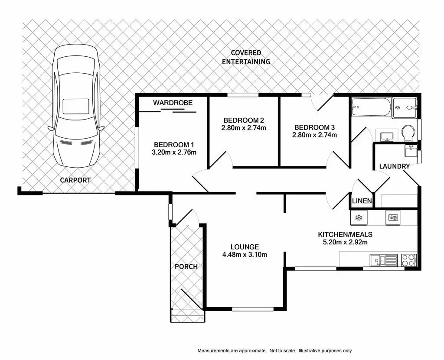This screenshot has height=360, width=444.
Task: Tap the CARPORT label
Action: pyautogui.click(x=75, y=180)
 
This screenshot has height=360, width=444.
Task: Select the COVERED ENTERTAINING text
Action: pyautogui.click(x=246, y=57)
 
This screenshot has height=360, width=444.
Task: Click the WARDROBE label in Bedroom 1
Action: pyautogui.click(x=173, y=103)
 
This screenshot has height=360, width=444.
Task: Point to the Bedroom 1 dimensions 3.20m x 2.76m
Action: pyautogui.click(x=172, y=152)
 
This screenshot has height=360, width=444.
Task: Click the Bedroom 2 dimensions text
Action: pyautogui.click(x=244, y=128)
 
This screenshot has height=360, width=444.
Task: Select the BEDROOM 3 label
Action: pyautogui.click(x=315, y=127)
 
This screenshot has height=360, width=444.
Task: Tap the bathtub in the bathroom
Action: pyautogui.click(x=371, y=107)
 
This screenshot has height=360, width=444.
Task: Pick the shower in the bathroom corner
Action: pyautogui.click(x=405, y=107)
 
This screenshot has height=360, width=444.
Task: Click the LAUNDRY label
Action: pyautogui.click(x=394, y=166)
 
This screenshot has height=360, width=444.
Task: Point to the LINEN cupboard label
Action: pyautogui.click(x=362, y=201)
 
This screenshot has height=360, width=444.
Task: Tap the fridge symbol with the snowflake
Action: pyautogui.click(x=359, y=217)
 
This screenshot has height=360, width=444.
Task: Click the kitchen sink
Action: pyautogui.click(x=383, y=260)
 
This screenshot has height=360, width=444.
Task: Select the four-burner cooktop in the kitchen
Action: pyautogui.click(x=408, y=260)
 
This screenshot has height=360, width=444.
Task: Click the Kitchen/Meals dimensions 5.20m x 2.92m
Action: pyautogui.click(x=345, y=242)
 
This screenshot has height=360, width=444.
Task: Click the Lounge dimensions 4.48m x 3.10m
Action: pyautogui.click(x=245, y=255)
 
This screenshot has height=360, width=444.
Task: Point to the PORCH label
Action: pyautogui.click(x=186, y=266)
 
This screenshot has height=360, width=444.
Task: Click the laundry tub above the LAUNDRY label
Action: pyautogui.click(x=410, y=152)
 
